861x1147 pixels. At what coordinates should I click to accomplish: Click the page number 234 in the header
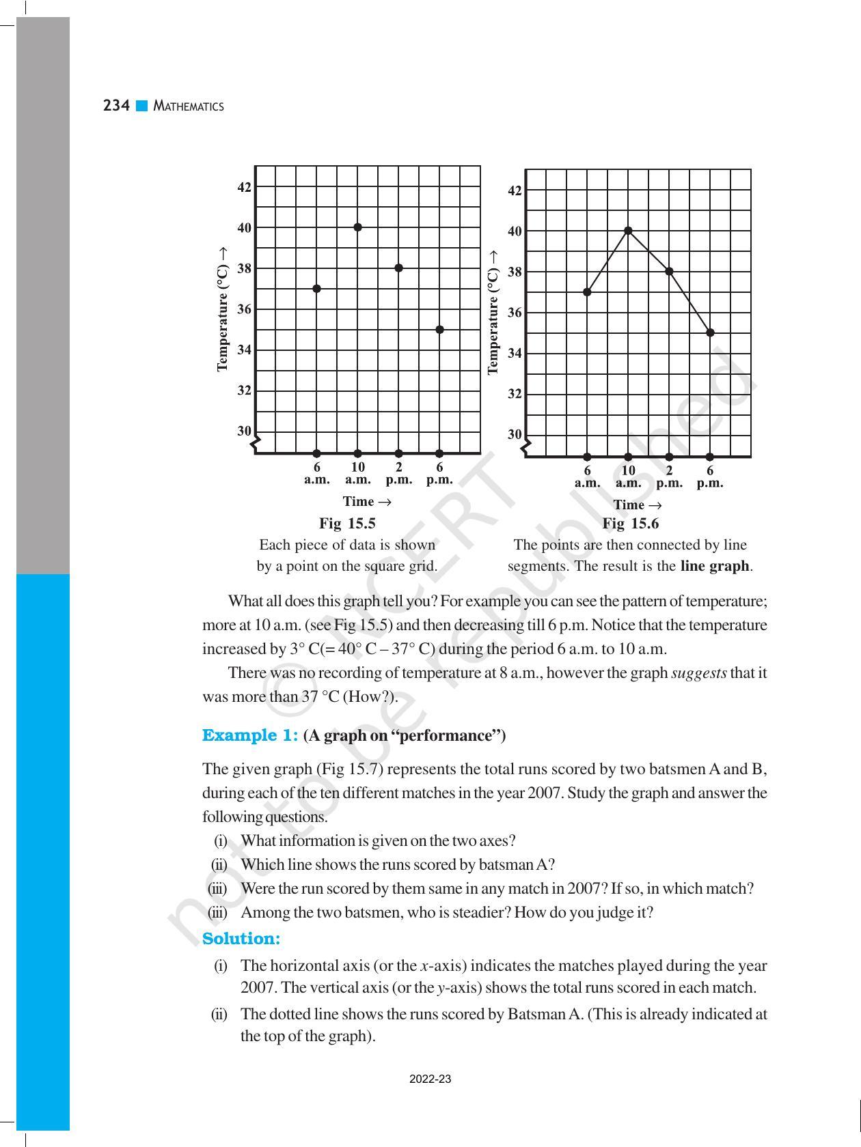116,106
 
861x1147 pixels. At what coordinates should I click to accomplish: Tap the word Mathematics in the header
189,107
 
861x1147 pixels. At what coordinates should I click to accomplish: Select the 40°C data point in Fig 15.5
357,227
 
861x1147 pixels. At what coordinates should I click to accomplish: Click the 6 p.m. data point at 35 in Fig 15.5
439,330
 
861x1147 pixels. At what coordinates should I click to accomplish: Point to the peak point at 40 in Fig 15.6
628,231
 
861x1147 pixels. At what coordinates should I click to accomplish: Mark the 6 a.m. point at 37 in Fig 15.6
587,292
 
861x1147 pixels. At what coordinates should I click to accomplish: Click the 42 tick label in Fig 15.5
244,187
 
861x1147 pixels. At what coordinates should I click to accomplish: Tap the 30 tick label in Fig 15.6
515,434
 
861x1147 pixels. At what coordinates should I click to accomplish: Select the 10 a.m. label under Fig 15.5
357,473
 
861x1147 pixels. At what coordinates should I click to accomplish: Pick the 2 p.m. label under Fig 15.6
669,477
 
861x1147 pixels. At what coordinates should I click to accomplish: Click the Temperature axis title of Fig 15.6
493,311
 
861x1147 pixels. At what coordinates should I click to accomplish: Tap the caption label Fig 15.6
630,524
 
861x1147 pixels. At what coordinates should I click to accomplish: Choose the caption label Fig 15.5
347,524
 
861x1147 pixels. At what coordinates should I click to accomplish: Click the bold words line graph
715,566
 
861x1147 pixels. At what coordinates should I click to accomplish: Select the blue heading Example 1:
249,735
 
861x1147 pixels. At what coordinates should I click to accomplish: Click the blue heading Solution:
241,939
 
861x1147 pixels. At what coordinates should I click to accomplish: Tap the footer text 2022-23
430,1079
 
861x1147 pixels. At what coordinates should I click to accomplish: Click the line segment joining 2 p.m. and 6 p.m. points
689,302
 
